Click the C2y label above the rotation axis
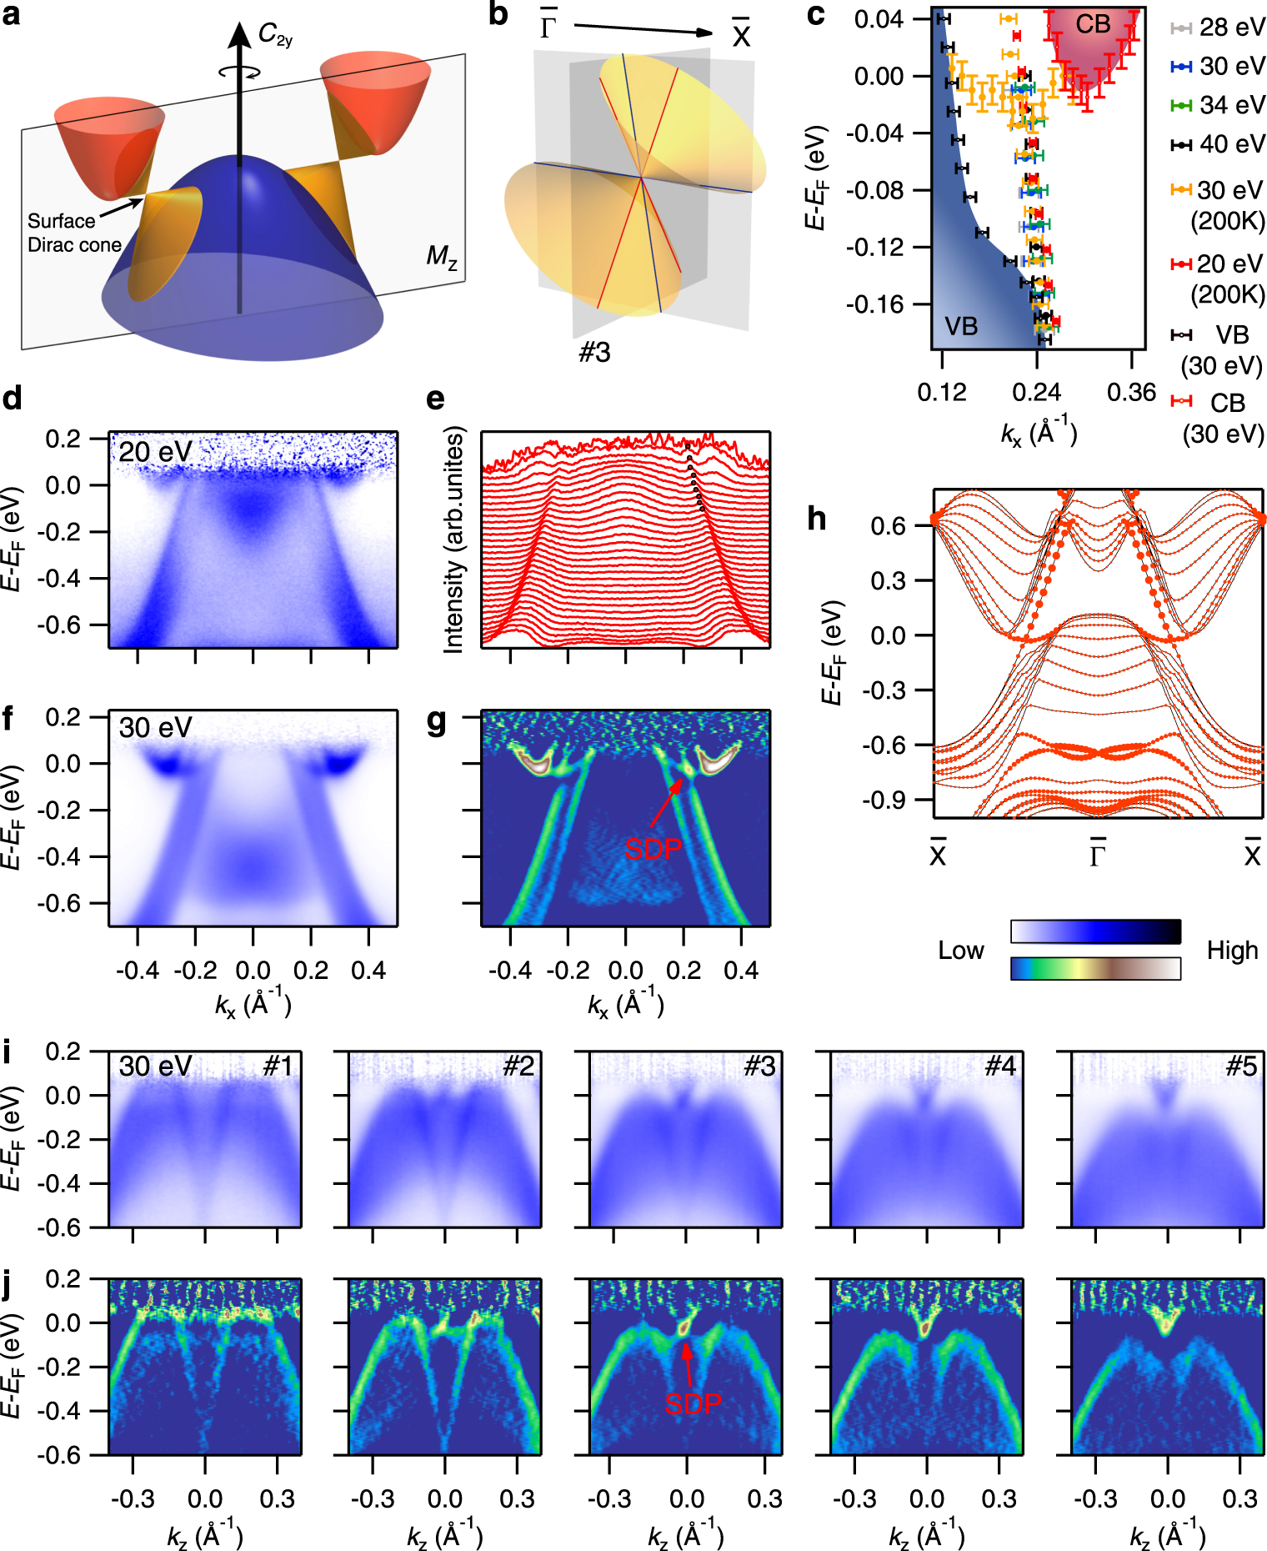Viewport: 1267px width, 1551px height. pyautogui.click(x=275, y=35)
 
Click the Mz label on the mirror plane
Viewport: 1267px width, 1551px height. pyautogui.click(x=442, y=256)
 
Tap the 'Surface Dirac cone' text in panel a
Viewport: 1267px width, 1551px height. pyautogui.click(x=73, y=233)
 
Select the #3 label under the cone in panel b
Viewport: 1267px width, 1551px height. pyautogui.click(x=595, y=353)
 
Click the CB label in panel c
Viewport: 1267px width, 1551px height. pyautogui.click(x=1092, y=25)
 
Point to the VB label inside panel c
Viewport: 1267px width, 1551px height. pyautogui.click(x=961, y=326)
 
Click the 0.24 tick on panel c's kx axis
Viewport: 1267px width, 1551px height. pyautogui.click(x=1036, y=393)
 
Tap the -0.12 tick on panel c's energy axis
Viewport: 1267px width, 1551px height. pyautogui.click(x=874, y=248)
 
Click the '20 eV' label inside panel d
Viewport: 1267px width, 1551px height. pyautogui.click(x=155, y=452)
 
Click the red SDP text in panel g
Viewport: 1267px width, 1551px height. pyautogui.click(x=654, y=849)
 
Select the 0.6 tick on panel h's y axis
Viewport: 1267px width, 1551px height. pyautogui.click(x=888, y=526)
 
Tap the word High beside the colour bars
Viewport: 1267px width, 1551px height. pyautogui.click(x=1232, y=951)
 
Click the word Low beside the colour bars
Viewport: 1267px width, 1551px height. pyautogui.click(x=961, y=951)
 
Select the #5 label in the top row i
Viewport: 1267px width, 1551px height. pyautogui.click(x=1241, y=1066)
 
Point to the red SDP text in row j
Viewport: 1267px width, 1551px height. pyautogui.click(x=693, y=1404)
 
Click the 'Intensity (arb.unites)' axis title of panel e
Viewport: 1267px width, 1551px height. pyautogui.click(x=453, y=540)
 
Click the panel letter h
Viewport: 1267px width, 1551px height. pyautogui.click(x=817, y=519)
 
